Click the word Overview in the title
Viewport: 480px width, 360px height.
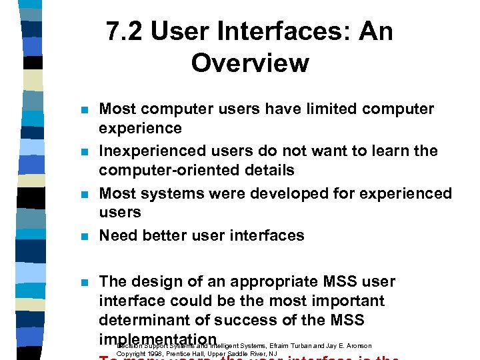click(x=250, y=63)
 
